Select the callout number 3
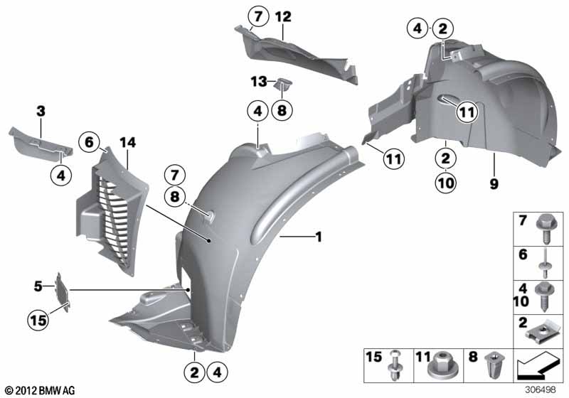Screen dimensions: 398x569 (x=41, y=111)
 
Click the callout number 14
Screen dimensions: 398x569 (x=127, y=142)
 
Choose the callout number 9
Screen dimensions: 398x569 (x=494, y=183)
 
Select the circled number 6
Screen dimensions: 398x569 (x=90, y=142)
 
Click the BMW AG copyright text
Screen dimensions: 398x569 (x=39, y=390)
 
